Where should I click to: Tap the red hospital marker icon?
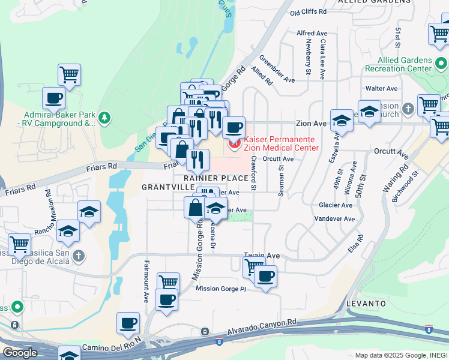233,143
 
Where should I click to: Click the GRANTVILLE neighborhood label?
161,187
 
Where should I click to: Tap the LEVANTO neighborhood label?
366,304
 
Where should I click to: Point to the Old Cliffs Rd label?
308,11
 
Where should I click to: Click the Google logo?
20,353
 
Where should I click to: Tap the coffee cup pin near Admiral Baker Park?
53,98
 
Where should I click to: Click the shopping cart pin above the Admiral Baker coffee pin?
69,75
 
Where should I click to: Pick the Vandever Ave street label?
332,219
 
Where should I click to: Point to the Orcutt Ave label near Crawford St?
279,159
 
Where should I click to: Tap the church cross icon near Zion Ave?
409,109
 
